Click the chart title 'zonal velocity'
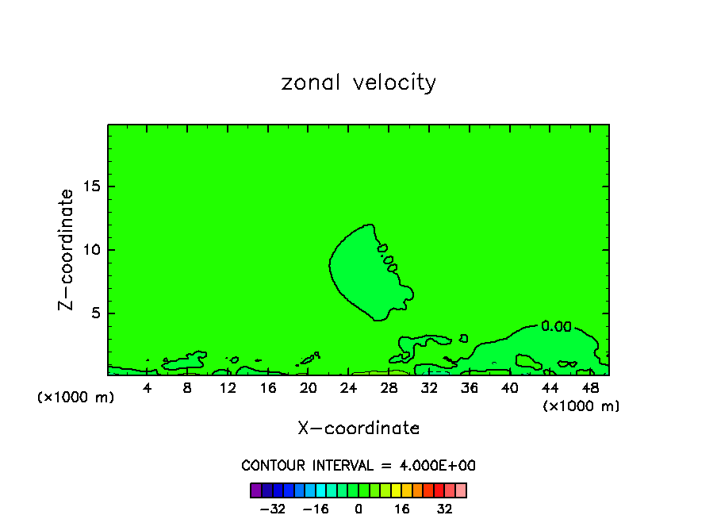tap(358, 83)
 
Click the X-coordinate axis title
tap(358, 429)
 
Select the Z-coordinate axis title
tap(67, 249)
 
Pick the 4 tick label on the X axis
tap(148, 388)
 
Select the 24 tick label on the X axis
tap(348, 388)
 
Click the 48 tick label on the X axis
tap(590, 388)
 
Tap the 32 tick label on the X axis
tap(429, 388)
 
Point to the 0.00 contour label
tap(556, 325)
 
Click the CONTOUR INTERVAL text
tap(358, 466)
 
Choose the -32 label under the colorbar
tap(274, 509)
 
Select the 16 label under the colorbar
tap(402, 509)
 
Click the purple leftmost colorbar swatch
tap(255, 490)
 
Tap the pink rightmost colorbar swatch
tap(461, 490)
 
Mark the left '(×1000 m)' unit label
tap(76, 398)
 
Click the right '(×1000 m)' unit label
tap(581, 406)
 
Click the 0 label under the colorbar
tap(358, 509)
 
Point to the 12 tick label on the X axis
tap(228, 388)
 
